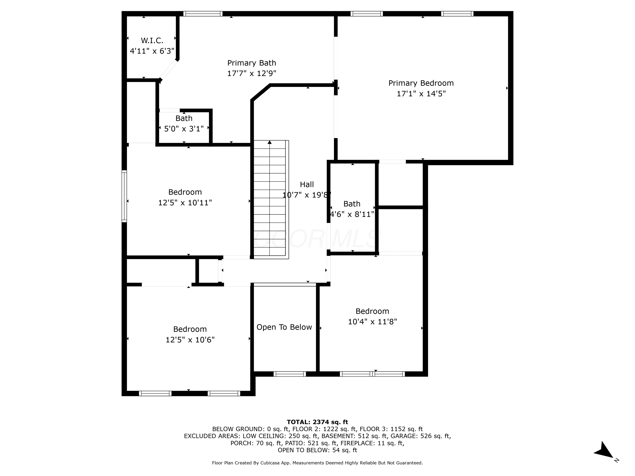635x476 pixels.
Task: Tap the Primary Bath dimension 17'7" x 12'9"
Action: [251, 73]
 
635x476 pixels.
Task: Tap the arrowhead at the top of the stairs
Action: [270, 142]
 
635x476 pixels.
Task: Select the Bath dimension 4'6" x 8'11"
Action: [352, 214]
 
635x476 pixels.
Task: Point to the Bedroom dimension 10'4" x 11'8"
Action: [372, 322]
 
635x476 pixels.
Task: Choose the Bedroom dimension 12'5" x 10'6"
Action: [190, 340]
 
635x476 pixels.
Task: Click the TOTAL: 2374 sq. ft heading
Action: [317, 422]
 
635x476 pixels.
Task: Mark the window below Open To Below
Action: [290, 374]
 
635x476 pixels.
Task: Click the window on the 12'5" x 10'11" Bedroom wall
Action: [124, 196]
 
